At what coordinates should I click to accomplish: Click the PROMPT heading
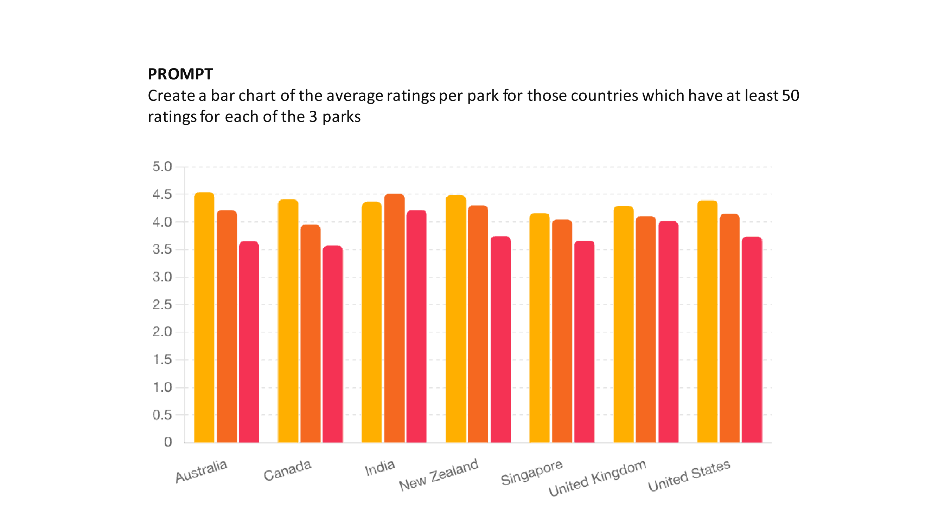click(x=180, y=74)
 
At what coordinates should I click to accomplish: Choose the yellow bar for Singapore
click(x=539, y=328)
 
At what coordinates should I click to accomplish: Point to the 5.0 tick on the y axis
click(x=162, y=167)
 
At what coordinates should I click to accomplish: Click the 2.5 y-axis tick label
click(x=162, y=305)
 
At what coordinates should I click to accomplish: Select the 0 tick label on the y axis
click(x=168, y=442)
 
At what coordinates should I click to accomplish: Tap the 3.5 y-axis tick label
click(x=162, y=249)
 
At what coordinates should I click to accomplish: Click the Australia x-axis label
click(x=202, y=471)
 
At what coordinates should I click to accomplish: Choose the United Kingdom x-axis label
click(x=597, y=478)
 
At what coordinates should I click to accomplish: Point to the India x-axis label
click(x=380, y=468)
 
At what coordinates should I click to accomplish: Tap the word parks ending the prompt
click(x=341, y=117)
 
